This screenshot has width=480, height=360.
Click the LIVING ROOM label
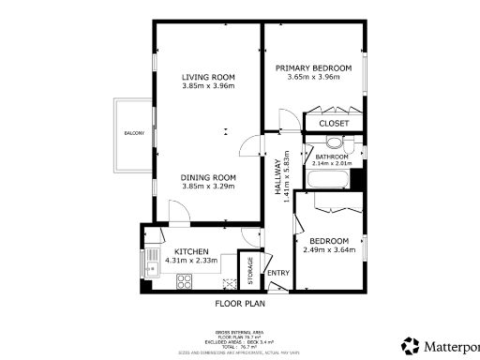coord(208,77)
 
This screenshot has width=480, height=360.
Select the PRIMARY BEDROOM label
coord(313,68)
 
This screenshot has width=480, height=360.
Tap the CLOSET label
coord(334,123)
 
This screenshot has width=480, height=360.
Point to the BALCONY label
coord(134,134)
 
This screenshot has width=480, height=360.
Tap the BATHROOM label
coord(332,156)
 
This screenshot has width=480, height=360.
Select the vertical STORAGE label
coord(250,271)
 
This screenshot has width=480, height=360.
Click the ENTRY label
coord(278,273)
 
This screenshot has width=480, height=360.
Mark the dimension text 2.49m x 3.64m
coord(329,249)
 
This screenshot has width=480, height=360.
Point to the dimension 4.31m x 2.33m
coord(191,260)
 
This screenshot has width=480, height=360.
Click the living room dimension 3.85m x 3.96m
coord(208,86)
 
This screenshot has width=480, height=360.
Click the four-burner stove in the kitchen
coord(228,282)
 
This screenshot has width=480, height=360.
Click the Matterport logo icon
coord(410,344)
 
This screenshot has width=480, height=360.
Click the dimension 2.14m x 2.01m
coord(332,163)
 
